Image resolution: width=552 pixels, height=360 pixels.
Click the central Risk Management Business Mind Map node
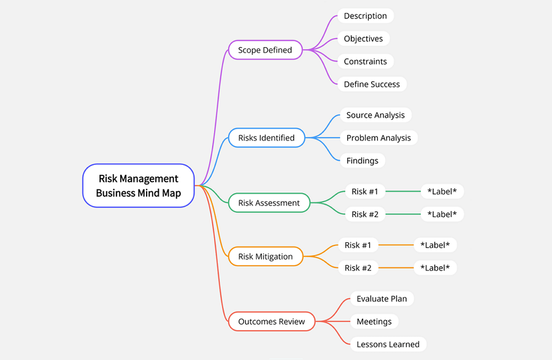(138, 185)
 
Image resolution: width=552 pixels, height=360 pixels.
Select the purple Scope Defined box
(265, 50)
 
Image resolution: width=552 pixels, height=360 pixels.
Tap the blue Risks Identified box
(266, 138)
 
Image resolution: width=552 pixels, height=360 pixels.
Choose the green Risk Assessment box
(269, 203)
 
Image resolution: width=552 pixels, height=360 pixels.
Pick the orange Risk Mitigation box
(266, 256)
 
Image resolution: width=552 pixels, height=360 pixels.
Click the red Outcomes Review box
(271, 321)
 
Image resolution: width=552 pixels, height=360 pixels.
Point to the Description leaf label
(365, 16)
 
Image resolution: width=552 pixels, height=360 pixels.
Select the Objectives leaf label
(363, 39)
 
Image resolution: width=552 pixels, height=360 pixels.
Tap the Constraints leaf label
(365, 61)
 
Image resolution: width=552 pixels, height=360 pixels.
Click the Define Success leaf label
(372, 84)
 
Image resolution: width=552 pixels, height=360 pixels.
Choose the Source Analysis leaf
(375, 115)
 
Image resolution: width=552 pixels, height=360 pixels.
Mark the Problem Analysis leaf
(378, 138)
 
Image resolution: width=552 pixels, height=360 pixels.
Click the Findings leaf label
(362, 161)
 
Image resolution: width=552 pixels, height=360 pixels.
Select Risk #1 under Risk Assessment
(365, 191)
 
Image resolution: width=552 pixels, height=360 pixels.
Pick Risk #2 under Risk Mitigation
(358, 268)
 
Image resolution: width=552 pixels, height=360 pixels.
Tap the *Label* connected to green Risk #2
(442, 214)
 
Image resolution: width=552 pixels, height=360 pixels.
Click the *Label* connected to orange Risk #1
(435, 245)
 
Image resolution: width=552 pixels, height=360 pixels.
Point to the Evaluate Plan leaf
(381, 299)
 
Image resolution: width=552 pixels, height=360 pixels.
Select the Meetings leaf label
(374, 321)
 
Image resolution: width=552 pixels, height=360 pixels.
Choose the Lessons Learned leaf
(388, 344)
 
